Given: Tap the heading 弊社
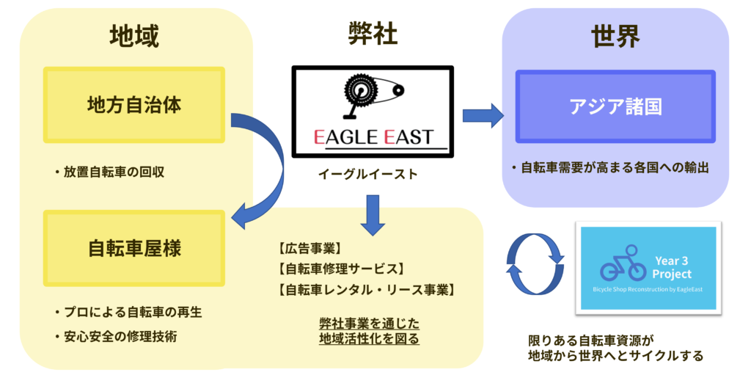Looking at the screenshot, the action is (373, 35).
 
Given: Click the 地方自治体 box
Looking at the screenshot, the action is (134, 104).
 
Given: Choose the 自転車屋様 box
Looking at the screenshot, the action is (134, 248).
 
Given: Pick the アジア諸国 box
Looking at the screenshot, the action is (615, 106).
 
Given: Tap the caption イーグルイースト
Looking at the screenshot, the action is (368, 174).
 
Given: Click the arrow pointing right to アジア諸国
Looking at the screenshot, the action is (483, 115).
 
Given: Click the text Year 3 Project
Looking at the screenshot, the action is (673, 268).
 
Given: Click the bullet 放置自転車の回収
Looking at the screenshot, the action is (109, 172).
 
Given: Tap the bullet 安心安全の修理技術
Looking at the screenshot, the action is (115, 337).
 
